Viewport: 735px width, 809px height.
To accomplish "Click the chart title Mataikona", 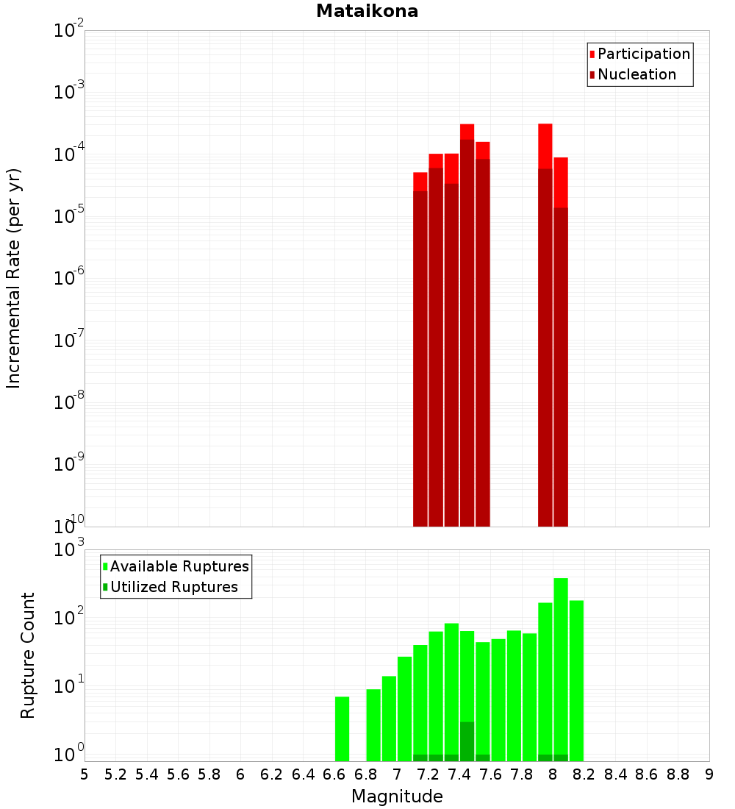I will tap(367, 11).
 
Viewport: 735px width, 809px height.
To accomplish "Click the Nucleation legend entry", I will tap(637, 74).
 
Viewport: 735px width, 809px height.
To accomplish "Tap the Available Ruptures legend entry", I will tap(179, 566).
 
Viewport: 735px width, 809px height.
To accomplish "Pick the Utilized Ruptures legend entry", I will tap(173, 587).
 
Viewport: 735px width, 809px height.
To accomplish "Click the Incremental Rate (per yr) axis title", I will tap(14, 278).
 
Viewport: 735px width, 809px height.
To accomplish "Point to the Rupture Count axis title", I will tap(28, 655).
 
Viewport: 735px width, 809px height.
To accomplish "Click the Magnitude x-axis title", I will tap(397, 796).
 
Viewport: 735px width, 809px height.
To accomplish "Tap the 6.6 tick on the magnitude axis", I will tap(334, 774).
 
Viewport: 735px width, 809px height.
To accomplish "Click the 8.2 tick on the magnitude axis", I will tap(584, 774).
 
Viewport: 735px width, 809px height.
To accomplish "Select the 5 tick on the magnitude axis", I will tap(85, 774).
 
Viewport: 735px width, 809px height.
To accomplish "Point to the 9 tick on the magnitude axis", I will tap(709, 774).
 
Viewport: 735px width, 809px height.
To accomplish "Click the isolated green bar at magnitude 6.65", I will tap(342, 728).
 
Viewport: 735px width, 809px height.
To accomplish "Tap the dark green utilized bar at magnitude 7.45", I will tap(467, 741).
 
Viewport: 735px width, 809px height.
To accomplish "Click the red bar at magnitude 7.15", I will tap(420, 353).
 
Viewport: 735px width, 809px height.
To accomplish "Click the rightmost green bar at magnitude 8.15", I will tap(576, 680).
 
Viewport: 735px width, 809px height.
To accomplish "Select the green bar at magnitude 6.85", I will tap(373, 724).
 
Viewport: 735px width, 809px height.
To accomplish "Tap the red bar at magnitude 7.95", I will tap(545, 331).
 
